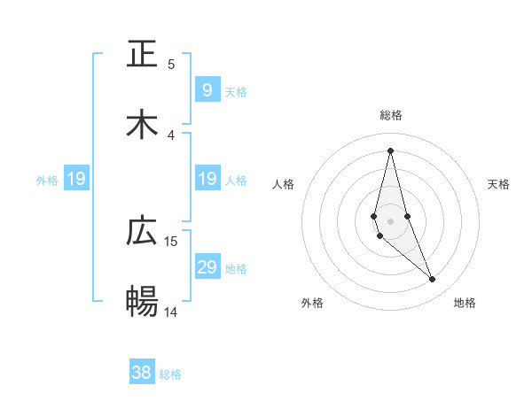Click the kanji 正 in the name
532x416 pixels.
(x=143, y=55)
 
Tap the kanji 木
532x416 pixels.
(x=143, y=125)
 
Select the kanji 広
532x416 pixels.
(x=143, y=232)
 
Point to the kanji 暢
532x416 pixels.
(x=143, y=302)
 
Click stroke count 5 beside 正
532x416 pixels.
(x=171, y=64)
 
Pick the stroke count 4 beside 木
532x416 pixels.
(x=171, y=135)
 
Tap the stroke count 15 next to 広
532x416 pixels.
(x=171, y=241)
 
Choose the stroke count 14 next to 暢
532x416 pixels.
(x=171, y=312)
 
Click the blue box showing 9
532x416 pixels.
(x=207, y=89)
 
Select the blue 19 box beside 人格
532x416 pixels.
(x=207, y=179)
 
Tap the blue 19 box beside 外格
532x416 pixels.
(x=76, y=179)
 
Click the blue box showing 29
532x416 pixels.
(x=207, y=267)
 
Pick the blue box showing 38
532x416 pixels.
(x=142, y=373)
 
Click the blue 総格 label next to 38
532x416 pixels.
(x=170, y=374)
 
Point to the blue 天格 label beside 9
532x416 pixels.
(x=236, y=91)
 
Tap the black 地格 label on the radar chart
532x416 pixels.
(x=465, y=304)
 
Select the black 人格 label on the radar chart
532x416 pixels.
(x=284, y=184)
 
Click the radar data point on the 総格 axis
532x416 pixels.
(x=390, y=150)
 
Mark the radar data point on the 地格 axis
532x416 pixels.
(x=433, y=280)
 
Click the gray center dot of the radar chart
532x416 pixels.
(x=390, y=220)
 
